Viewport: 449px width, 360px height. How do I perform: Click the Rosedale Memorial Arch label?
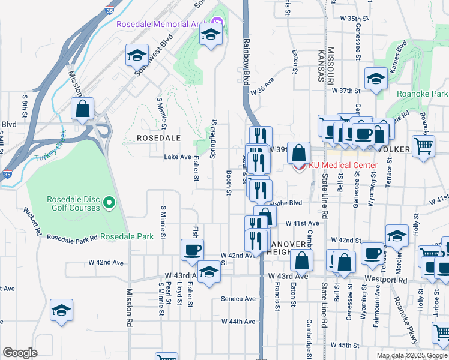[x=161, y=25]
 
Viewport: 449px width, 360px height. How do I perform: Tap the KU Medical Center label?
[x=343, y=165]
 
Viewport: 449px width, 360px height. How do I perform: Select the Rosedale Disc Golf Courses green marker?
[x=109, y=203]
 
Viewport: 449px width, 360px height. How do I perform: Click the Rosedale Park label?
[x=127, y=236]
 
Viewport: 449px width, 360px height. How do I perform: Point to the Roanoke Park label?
[x=422, y=94]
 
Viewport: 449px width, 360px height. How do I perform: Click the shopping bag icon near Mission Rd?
[x=83, y=109]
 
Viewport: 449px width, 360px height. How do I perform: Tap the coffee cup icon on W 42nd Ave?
[x=192, y=250]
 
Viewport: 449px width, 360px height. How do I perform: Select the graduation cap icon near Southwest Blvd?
[x=137, y=56]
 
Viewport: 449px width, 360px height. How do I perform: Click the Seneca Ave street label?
[x=238, y=299]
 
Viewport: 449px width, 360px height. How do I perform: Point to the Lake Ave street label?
[x=177, y=157]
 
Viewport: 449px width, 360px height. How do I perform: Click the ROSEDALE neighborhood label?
[x=158, y=138]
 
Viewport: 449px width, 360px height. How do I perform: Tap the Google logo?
[x=20, y=353]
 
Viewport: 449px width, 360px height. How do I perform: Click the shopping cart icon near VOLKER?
[x=424, y=145]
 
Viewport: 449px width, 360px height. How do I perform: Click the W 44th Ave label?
[x=238, y=322]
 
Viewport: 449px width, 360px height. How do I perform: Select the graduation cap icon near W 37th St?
[x=376, y=79]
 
